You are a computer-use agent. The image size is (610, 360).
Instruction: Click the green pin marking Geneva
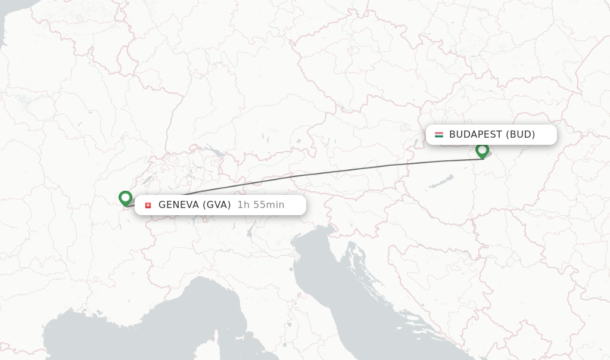(x=125, y=198)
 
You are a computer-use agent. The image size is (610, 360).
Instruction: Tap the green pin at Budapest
(x=482, y=150)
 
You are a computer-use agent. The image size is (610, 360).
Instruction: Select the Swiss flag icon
(x=148, y=206)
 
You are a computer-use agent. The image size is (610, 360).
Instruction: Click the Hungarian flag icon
(x=439, y=135)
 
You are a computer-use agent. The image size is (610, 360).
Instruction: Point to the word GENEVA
(x=178, y=205)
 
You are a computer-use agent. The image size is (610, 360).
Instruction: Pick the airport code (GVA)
(x=217, y=205)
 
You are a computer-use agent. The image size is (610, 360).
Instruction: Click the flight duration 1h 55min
(x=260, y=205)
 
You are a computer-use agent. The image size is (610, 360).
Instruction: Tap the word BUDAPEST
(x=475, y=135)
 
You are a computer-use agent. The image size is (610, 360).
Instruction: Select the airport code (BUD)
(x=521, y=135)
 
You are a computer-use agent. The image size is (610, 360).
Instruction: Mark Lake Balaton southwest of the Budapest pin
(x=443, y=181)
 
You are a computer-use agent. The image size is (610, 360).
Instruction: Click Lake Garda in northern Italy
(x=251, y=226)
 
